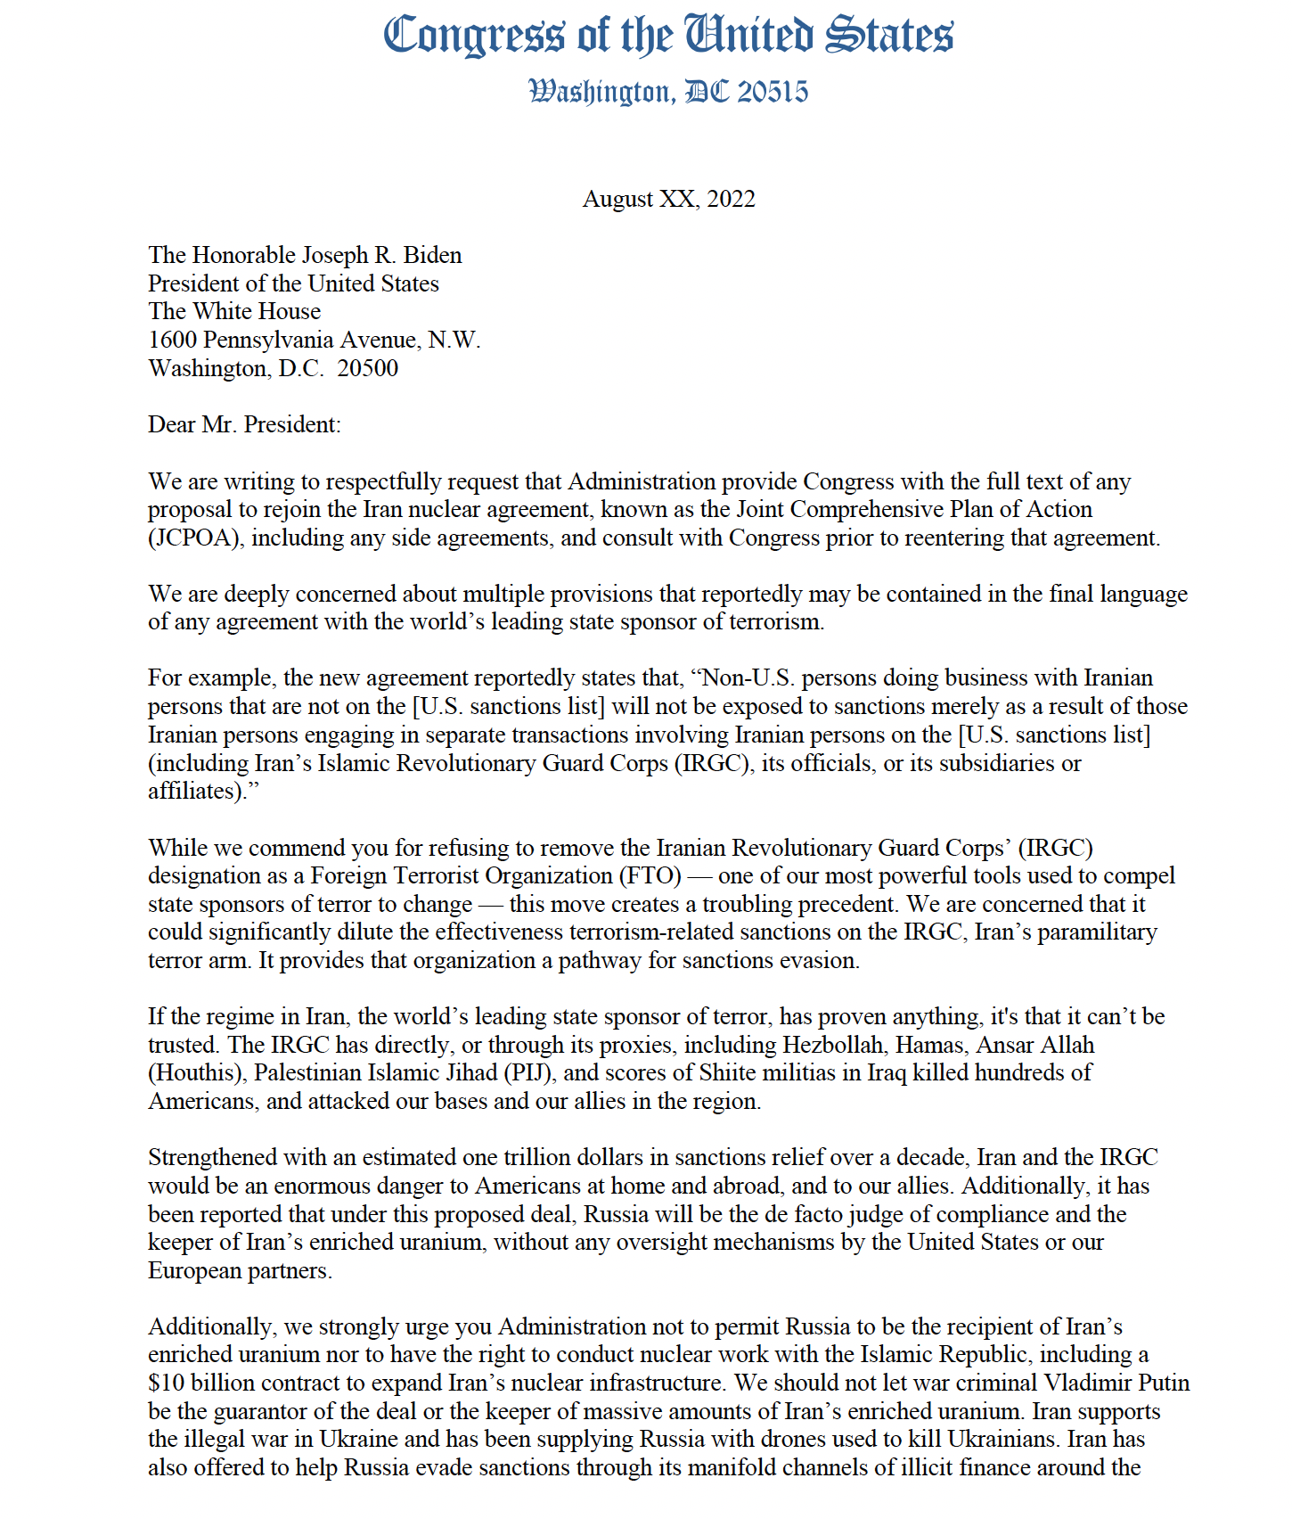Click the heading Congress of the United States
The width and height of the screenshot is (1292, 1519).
pos(668,36)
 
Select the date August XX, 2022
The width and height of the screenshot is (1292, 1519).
pos(668,199)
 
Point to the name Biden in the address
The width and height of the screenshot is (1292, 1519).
pos(433,255)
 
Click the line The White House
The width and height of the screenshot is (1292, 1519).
pos(234,311)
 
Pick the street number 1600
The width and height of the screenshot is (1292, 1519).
pos(172,340)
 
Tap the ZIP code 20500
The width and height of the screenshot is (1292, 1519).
pos(368,368)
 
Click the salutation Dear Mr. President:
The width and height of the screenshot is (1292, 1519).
pos(244,424)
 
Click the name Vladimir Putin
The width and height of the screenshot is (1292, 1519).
pos(1117,1384)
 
